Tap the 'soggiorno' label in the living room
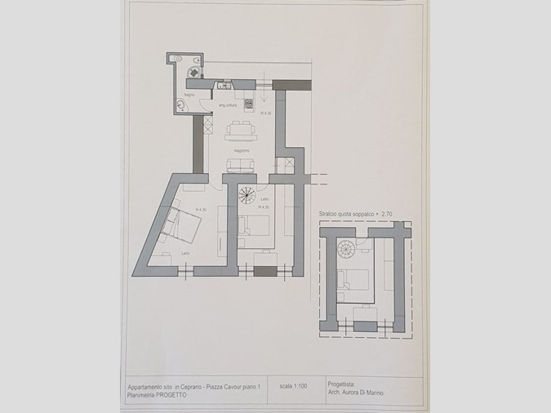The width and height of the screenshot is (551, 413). (240, 150)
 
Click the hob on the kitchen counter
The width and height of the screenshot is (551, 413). (249, 103)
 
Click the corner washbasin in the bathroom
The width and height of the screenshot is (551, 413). (181, 105)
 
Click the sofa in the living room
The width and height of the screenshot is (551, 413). (240, 166)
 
